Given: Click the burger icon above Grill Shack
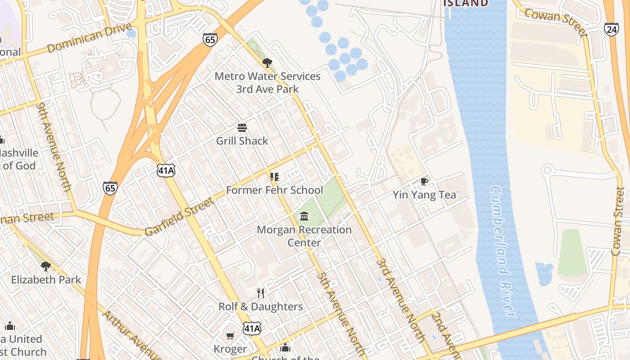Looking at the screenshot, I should (x=242, y=128).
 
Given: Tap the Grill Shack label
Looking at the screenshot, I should (x=242, y=141).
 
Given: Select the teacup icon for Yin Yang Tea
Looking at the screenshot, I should (x=424, y=181).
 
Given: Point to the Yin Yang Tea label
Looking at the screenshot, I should (x=424, y=195).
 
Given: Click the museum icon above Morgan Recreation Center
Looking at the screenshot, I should (x=304, y=216).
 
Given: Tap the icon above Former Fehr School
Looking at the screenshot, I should (x=274, y=177).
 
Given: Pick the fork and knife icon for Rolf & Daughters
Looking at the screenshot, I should (x=261, y=293).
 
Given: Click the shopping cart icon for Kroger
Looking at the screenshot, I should (x=230, y=336).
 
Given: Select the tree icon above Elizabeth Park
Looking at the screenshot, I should (x=46, y=266).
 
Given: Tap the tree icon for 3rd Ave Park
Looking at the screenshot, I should (x=267, y=63).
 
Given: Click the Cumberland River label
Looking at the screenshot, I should (x=502, y=252).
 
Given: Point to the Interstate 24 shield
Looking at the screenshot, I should (x=611, y=29).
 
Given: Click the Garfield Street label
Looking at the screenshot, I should (x=180, y=216).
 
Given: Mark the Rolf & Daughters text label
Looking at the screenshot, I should (x=261, y=306).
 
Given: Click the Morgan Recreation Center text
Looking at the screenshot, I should (x=304, y=236).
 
